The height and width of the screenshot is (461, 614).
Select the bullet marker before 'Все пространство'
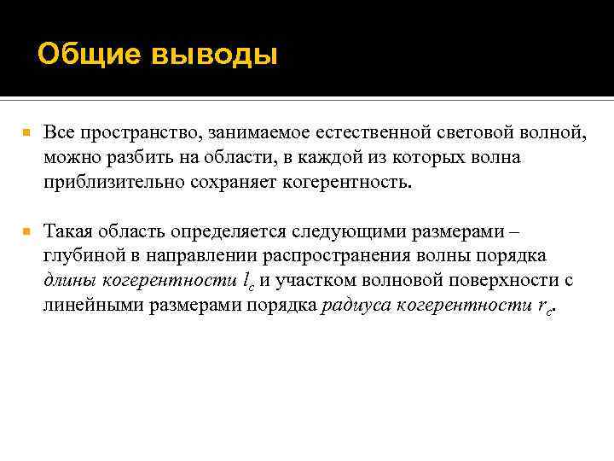[x=26, y=134]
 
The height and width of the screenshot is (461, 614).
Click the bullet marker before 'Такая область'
[x=26, y=231]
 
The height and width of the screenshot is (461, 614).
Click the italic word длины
[x=69, y=281]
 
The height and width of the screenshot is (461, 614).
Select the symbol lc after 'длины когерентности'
[x=250, y=282]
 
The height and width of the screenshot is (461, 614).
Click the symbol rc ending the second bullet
[x=546, y=306]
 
